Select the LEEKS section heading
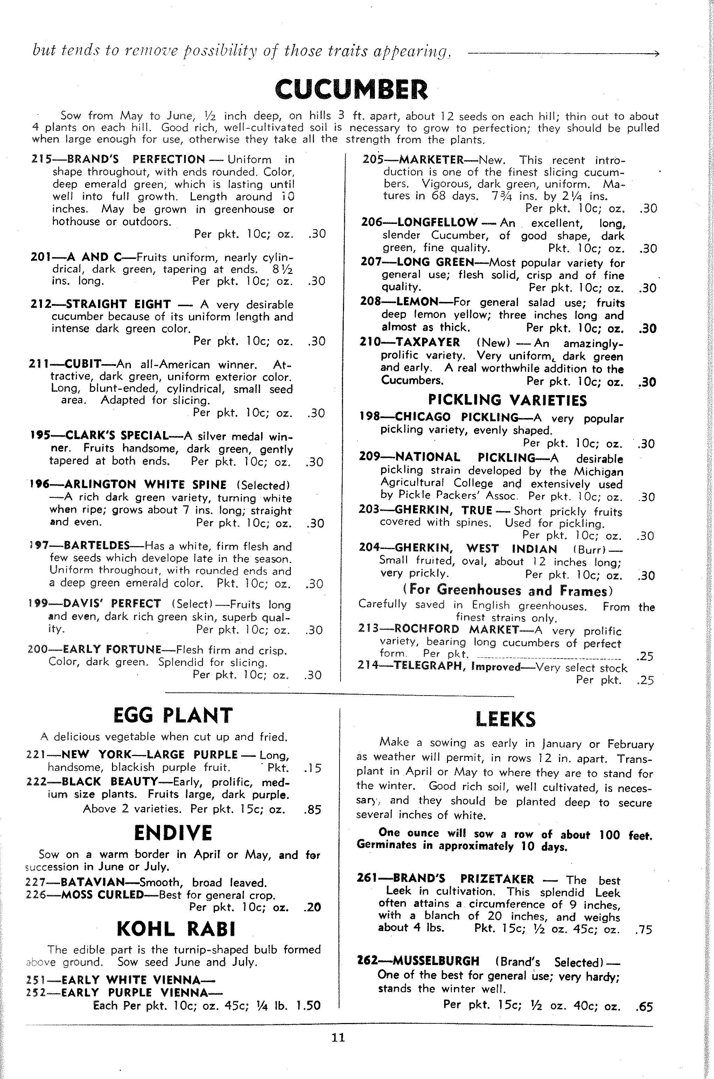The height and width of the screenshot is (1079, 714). click(x=505, y=719)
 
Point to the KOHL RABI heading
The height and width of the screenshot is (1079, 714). click(x=176, y=929)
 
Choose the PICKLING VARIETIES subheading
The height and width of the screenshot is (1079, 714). click(x=507, y=401)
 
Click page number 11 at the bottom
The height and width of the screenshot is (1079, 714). click(x=338, y=1038)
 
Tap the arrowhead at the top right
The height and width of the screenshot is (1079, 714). click(x=656, y=54)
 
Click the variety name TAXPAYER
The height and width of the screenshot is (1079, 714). click(x=428, y=342)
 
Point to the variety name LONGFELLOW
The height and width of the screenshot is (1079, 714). click(x=437, y=223)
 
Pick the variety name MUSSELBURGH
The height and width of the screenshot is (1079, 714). click(x=436, y=961)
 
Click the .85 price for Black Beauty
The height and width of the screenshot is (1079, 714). click(x=312, y=810)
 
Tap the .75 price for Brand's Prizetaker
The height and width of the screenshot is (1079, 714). click(x=643, y=930)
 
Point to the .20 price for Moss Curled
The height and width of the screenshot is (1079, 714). click(x=312, y=908)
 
